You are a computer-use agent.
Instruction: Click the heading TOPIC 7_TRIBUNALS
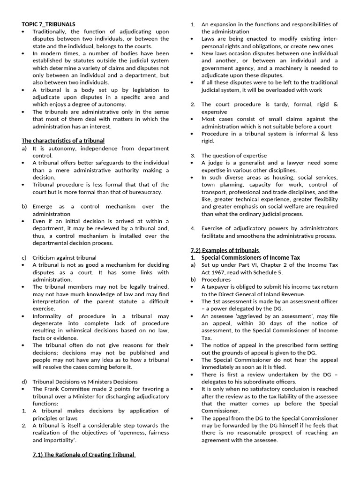(49, 24)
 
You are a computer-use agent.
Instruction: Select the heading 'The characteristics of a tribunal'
(63, 141)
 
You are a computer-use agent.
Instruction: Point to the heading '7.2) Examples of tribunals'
(232, 250)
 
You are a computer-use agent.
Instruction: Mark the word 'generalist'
(247, 163)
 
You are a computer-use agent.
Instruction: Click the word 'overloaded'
(287, 90)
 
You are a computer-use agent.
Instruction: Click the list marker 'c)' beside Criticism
(24, 257)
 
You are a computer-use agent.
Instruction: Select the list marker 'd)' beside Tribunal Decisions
(24, 382)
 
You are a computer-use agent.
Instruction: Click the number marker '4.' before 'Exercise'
(193, 228)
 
